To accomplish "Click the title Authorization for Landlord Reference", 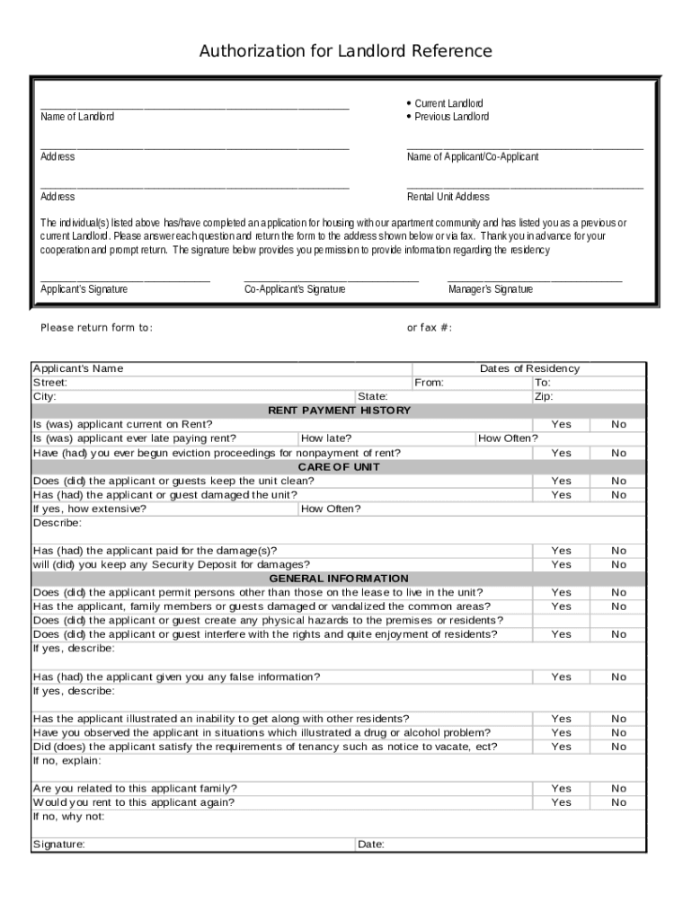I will pos(345,51).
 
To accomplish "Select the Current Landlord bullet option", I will pos(448,103).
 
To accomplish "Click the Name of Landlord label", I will pos(77,117).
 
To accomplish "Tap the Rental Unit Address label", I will pos(448,197).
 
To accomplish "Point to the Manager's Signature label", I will pos(490,289).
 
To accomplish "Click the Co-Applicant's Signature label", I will pos(295,289).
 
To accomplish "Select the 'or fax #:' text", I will pos(429,328).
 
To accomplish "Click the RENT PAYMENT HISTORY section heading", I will pos(339,411).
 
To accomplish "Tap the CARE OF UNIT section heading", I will pos(339,467).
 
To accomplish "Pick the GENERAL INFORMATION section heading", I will pos(339,579).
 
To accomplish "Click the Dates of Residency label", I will pos(529,368).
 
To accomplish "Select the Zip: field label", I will pos(544,396).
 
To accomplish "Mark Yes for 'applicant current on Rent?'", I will pos(561,424).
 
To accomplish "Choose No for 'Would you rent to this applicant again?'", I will pos(618,802).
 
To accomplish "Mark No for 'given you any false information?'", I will pos(618,677).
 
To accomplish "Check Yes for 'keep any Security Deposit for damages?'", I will pos(561,564).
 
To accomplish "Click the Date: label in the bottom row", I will pos(370,845).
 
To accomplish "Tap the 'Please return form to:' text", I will pos(96,328).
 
